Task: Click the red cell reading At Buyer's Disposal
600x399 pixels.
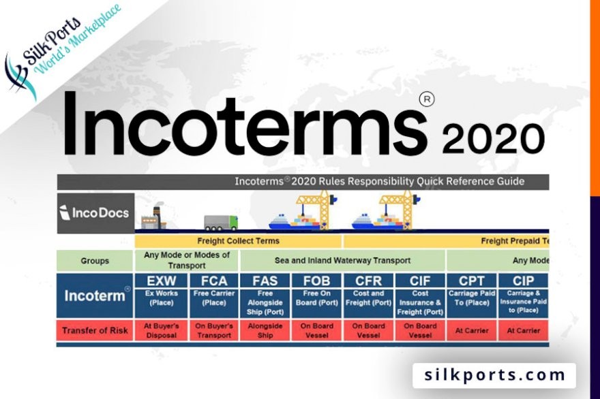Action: pyautogui.click(x=160, y=330)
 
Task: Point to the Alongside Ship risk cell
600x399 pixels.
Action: pyautogui.click(x=265, y=330)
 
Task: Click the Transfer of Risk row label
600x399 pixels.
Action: pyautogui.click(x=95, y=331)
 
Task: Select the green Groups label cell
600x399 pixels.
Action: pyautogui.click(x=95, y=260)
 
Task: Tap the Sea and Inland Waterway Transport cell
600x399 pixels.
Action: pyautogui.click(x=342, y=260)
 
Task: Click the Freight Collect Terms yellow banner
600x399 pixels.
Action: pyautogui.click(x=238, y=241)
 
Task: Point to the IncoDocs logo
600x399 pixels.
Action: pyautogui.click(x=95, y=212)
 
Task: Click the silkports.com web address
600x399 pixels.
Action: pyautogui.click(x=494, y=375)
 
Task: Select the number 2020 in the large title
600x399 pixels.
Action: pyautogui.click(x=492, y=139)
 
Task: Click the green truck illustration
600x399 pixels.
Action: pyautogui.click(x=221, y=223)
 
